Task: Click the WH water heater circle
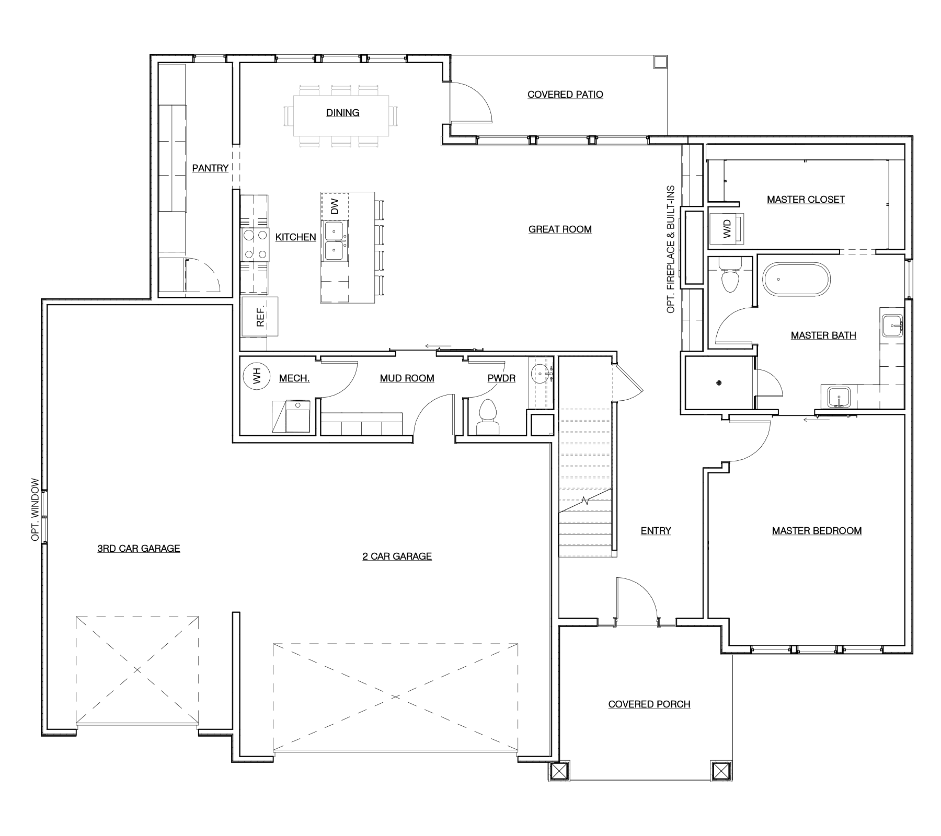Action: (x=256, y=375)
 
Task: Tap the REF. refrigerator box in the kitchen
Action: (x=260, y=316)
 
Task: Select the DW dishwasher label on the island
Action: (x=335, y=206)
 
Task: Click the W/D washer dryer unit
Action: (x=727, y=228)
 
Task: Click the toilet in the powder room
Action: (x=488, y=417)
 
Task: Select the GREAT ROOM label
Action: (x=560, y=229)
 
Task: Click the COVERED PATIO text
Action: (x=565, y=95)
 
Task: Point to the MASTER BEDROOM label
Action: (x=817, y=531)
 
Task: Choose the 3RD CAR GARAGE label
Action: (x=139, y=549)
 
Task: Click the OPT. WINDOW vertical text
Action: (x=35, y=509)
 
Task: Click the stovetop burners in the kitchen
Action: (x=255, y=245)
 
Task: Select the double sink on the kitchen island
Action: (x=334, y=240)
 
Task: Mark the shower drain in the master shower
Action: (x=719, y=383)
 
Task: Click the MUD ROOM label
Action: (x=407, y=378)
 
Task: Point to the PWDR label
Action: (x=501, y=378)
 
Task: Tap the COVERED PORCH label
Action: (x=649, y=704)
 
